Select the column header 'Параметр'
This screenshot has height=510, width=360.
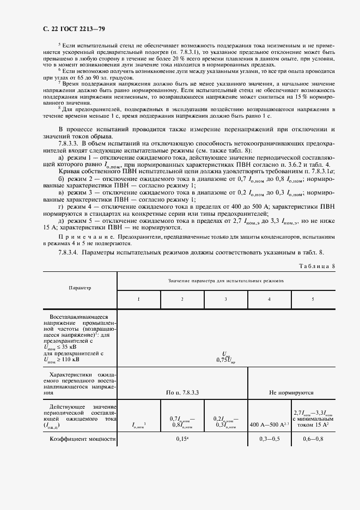[80, 287]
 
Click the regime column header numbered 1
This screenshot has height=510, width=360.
[138, 300]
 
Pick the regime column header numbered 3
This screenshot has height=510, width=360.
[225, 300]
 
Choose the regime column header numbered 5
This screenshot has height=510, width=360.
[312, 300]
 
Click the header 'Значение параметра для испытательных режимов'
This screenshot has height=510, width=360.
[225, 281]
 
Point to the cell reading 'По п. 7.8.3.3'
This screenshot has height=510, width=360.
[182, 392]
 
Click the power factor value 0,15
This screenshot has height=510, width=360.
[182, 439]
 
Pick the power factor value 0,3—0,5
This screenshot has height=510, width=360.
[269, 439]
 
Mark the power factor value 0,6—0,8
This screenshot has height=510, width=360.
[313, 439]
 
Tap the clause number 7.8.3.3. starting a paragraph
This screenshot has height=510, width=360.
[69, 143]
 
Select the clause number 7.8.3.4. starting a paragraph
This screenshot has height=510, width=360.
[69, 252]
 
